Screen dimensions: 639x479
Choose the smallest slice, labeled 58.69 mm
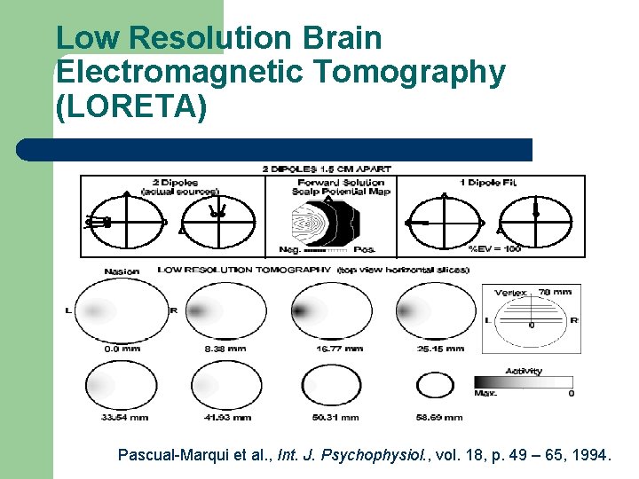pos(435,386)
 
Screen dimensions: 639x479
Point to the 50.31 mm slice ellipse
pos(331,386)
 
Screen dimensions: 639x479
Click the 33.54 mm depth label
pos(117,417)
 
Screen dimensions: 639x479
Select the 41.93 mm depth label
pos(225,417)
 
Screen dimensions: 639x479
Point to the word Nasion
pos(122,271)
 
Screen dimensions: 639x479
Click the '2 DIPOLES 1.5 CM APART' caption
pos(326,169)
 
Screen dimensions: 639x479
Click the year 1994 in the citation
pos(589,456)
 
